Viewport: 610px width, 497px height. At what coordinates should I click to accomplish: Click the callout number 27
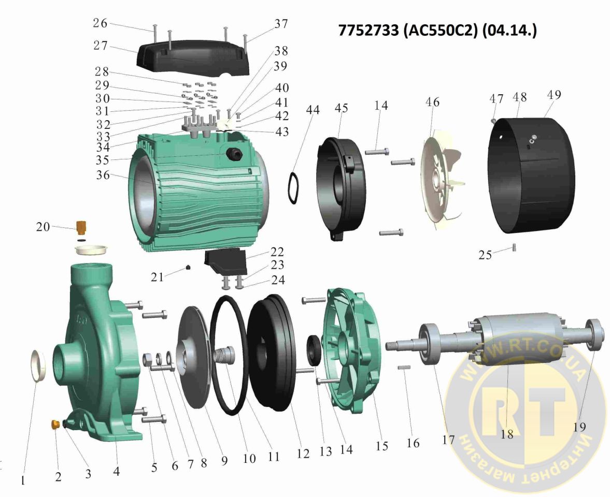click(101, 46)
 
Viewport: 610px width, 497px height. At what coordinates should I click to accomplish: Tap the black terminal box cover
click(193, 57)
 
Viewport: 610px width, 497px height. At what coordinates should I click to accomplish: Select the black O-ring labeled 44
click(292, 187)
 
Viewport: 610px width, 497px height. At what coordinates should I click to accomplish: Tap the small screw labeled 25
click(514, 247)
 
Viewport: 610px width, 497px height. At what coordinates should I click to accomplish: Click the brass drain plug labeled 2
click(55, 423)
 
